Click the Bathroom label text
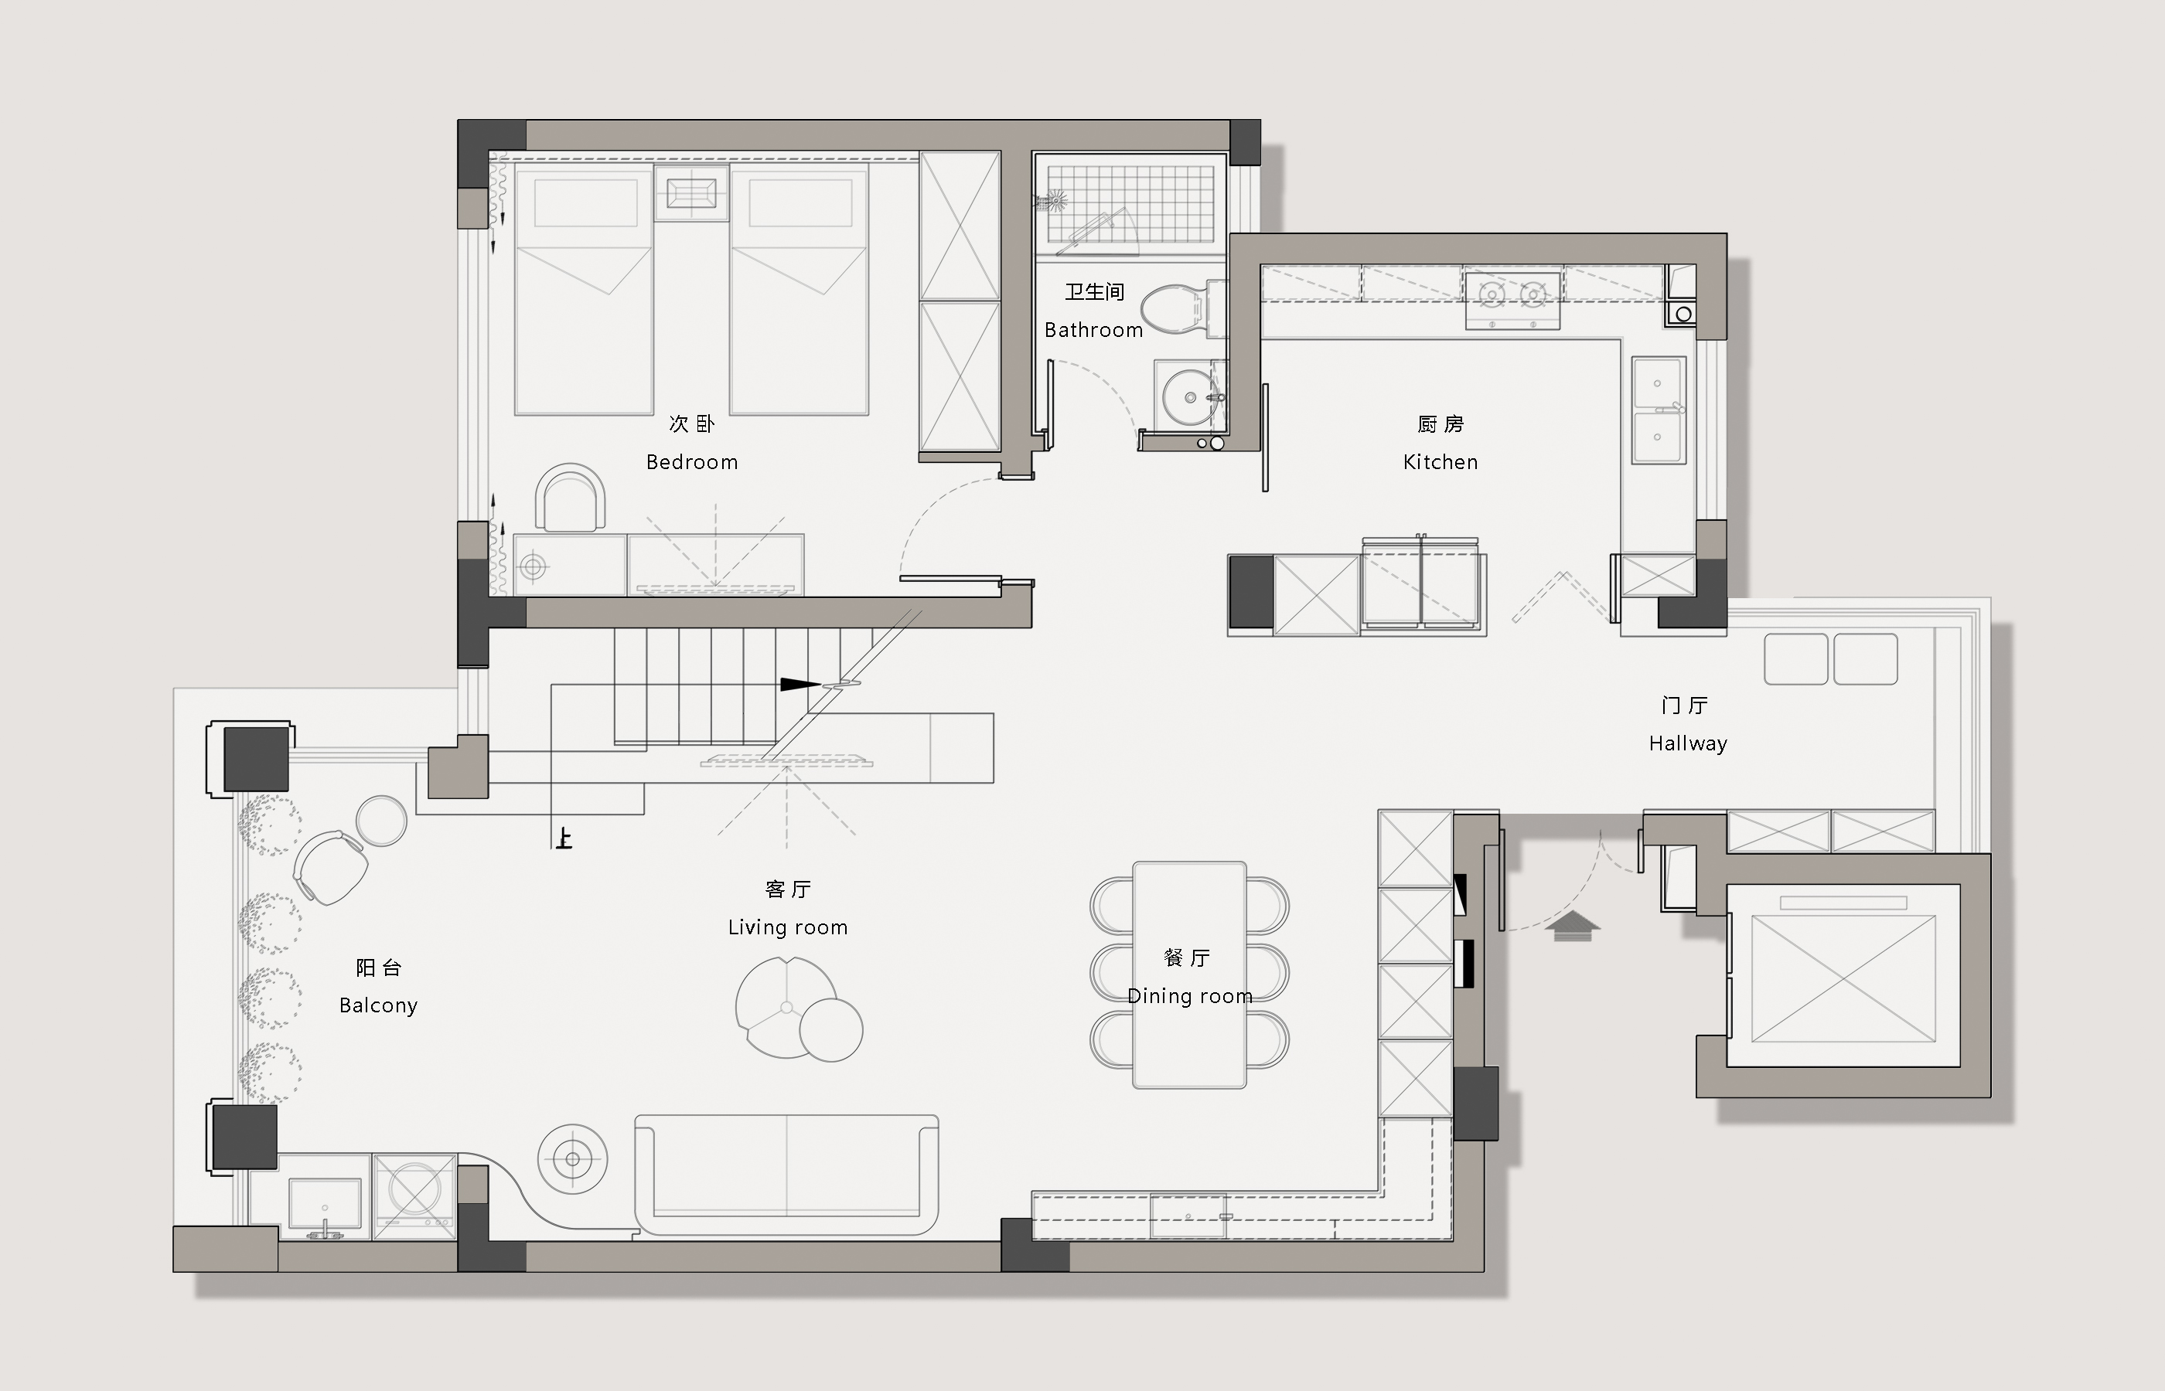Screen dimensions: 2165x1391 pyautogui.click(x=1093, y=331)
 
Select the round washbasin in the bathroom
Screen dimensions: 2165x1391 pyautogui.click(x=1189, y=396)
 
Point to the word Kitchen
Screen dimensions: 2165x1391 pyautogui.click(x=1440, y=462)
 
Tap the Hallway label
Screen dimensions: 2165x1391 pyautogui.click(x=1688, y=743)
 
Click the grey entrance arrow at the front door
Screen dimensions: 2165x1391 pyautogui.click(x=1572, y=926)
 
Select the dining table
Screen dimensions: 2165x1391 pyautogui.click(x=1189, y=974)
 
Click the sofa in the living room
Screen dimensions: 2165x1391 pyautogui.click(x=786, y=1174)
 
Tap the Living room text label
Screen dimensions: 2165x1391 pyautogui.click(x=788, y=927)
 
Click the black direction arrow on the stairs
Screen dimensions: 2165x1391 pyautogui.click(x=800, y=685)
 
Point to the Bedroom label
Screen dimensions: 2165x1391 pyautogui.click(x=692, y=462)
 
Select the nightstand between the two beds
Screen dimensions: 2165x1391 pyautogui.click(x=691, y=193)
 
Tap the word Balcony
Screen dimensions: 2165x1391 pyautogui.click(x=379, y=1006)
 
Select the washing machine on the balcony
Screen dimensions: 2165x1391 pyautogui.click(x=414, y=1195)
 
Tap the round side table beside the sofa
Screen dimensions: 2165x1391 pyautogui.click(x=572, y=1159)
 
